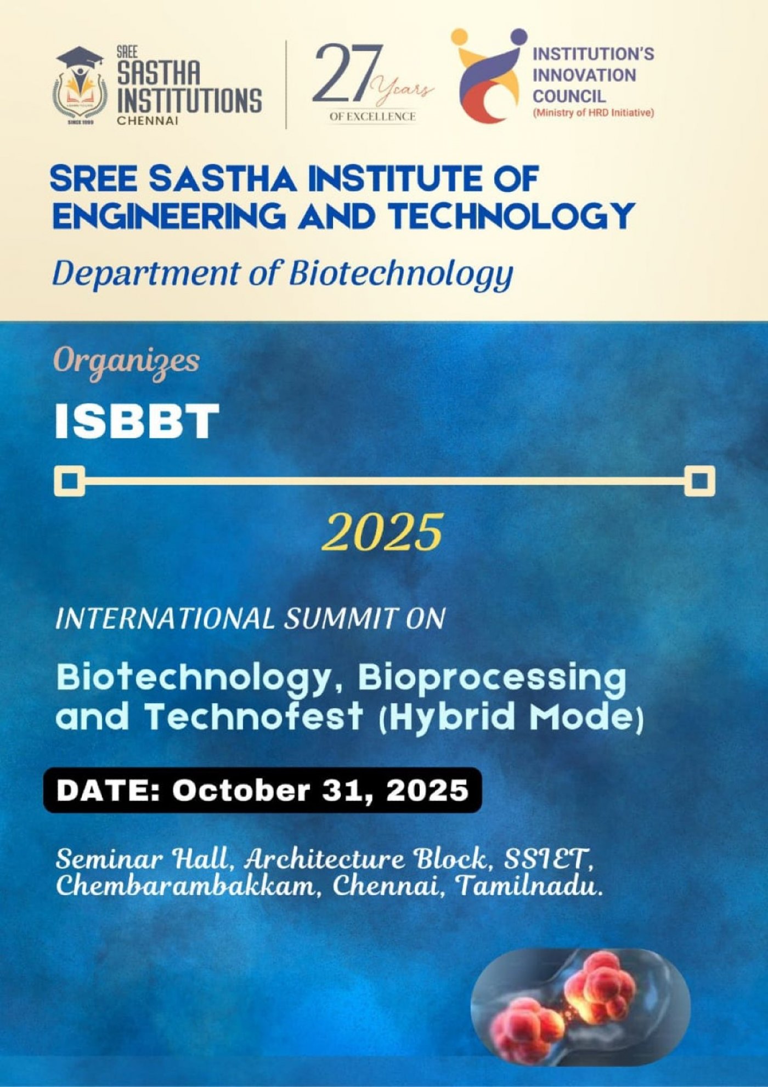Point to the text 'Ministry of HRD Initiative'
[x=593, y=113]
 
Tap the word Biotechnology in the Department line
[x=401, y=274]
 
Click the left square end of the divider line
[x=69, y=481]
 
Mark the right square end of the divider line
[x=699, y=481]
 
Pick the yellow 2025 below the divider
[x=382, y=532]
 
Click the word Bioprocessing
[x=492, y=679]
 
